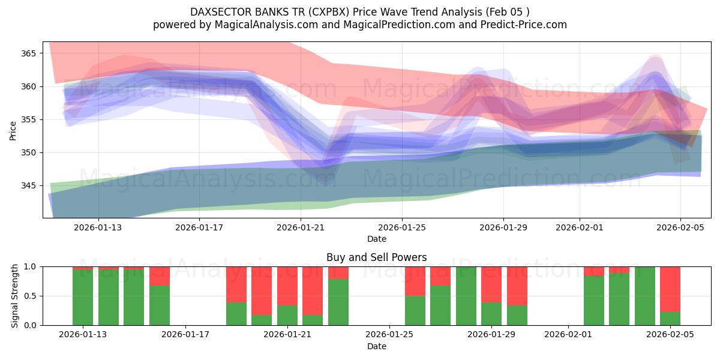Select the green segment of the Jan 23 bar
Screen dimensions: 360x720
[338, 302]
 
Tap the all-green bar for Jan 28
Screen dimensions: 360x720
[466, 296]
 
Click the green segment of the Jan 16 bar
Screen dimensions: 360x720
[160, 305]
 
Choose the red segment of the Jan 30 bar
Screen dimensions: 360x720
[517, 286]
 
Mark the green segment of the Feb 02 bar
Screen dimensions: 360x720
[593, 301]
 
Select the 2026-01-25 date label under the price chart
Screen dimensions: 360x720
[401, 227]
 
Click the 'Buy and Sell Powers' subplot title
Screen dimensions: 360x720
[376, 257]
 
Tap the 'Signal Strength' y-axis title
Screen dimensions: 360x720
[15, 296]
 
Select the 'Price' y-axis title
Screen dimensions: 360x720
[13, 130]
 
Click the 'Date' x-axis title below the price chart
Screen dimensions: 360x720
[376, 239]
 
